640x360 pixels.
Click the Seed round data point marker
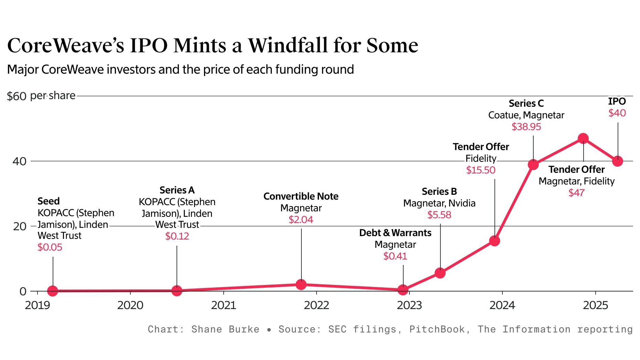(53, 291)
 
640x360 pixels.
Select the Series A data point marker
(177, 290)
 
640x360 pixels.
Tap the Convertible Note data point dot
(301, 285)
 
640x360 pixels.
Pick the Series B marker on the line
(440, 273)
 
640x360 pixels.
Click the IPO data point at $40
(618, 161)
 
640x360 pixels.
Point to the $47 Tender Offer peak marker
(583, 138)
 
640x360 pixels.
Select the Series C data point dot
(533, 165)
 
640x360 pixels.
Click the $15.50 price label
(481, 170)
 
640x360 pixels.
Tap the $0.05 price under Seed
(50, 247)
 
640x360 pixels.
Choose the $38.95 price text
(526, 127)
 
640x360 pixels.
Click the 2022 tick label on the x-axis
(317, 305)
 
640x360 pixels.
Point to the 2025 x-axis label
(595, 305)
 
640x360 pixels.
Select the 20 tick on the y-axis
(20, 226)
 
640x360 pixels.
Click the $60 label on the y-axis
(17, 96)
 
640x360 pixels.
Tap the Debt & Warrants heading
(395, 233)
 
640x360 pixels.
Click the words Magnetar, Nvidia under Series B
(439, 203)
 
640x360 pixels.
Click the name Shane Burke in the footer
(225, 329)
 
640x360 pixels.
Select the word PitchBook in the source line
(437, 329)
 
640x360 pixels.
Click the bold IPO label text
(617, 101)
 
